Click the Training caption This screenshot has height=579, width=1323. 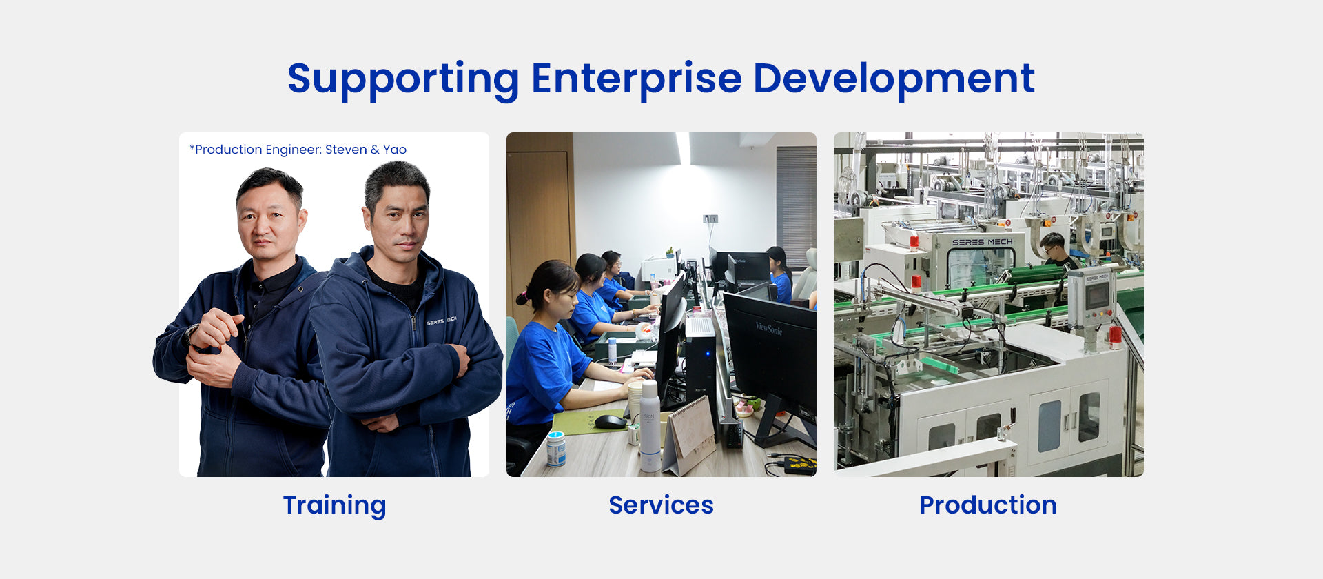coord(334,506)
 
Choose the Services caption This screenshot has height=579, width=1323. coord(661,505)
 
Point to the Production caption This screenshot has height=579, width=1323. coord(988,505)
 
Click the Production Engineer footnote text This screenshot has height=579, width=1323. coord(298,150)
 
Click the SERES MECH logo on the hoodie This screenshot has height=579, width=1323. coord(441,321)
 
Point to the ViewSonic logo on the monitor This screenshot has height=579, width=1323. coord(768,328)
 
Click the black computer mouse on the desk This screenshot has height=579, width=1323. coord(610,421)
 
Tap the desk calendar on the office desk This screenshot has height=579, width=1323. coord(689,436)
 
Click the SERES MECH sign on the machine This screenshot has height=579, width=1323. coord(982,243)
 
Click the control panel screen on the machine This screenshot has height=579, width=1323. coord(1097,295)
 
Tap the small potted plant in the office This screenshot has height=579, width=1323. coord(668,252)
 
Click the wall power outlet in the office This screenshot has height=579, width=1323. coord(710,219)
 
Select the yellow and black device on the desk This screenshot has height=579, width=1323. coord(800,465)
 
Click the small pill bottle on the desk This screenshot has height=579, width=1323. coord(555,449)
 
